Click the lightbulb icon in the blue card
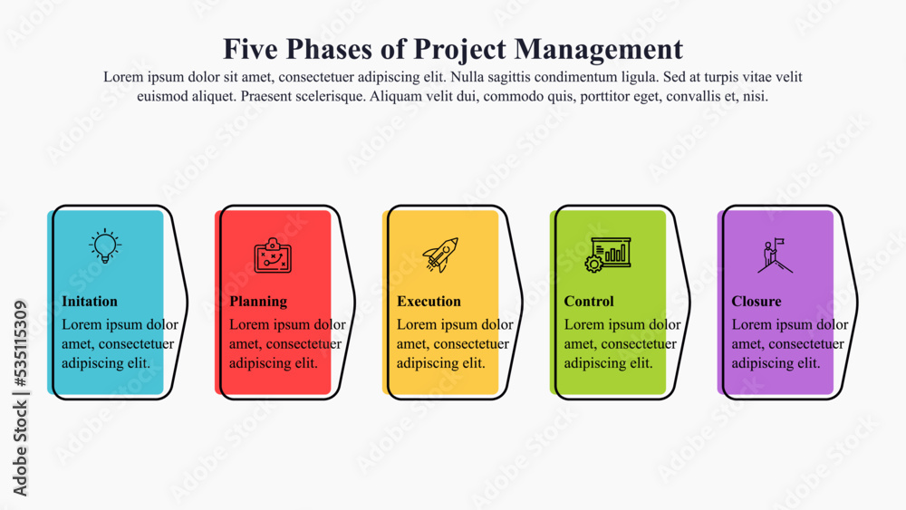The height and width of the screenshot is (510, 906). click(104, 246)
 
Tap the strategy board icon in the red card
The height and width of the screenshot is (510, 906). click(273, 255)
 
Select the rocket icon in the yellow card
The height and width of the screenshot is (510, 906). click(440, 255)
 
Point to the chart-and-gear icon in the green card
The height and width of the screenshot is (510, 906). click(607, 255)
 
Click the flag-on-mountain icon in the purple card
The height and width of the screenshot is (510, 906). click(775, 255)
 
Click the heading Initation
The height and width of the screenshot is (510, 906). click(90, 302)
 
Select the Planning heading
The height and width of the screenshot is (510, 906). click(258, 302)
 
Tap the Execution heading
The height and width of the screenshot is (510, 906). click(429, 302)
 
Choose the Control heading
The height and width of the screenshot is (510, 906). click(589, 302)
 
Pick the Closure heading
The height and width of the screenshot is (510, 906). click(757, 302)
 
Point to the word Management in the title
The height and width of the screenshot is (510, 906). click(599, 50)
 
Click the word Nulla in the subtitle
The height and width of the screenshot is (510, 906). click(467, 77)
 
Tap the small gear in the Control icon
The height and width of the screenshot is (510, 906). click(593, 265)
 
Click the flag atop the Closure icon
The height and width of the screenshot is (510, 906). click(779, 241)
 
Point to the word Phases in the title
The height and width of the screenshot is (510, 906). click(329, 49)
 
